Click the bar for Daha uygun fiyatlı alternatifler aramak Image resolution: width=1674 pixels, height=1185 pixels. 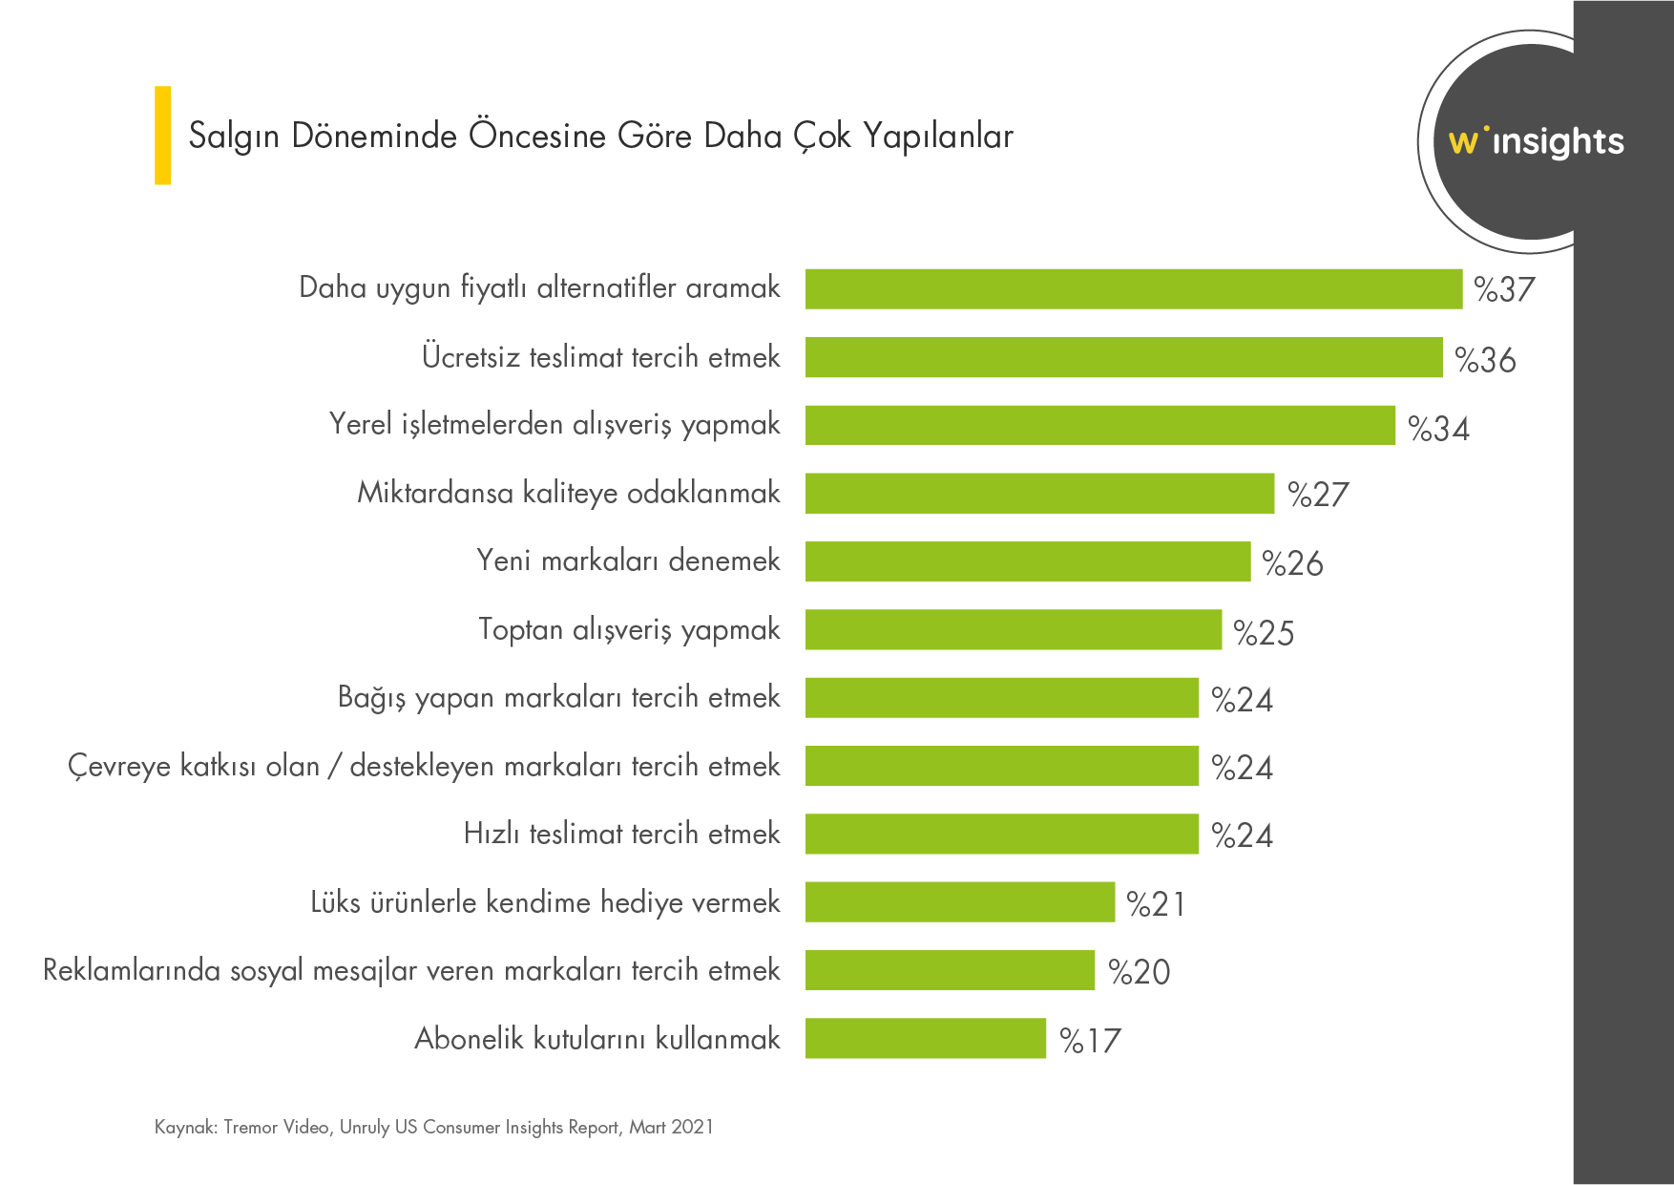1133,289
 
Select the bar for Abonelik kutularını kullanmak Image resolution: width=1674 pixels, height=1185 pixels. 925,1038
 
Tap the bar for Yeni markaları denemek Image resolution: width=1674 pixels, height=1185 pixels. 1027,561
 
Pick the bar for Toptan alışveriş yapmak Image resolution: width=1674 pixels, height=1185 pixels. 1013,629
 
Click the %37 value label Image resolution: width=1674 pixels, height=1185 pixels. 1504,289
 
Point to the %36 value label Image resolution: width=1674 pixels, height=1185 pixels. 1485,360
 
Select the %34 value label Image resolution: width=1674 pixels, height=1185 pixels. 1438,429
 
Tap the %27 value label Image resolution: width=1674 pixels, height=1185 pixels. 1318,495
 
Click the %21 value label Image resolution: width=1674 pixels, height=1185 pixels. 1156,903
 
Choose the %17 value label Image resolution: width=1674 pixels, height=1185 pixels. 1090,1040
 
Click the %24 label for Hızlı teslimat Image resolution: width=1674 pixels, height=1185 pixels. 1242,836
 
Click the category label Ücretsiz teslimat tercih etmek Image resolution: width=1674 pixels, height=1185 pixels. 600,357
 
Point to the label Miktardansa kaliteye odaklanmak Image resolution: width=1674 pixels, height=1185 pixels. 568,493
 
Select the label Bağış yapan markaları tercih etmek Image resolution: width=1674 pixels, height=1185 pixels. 558,698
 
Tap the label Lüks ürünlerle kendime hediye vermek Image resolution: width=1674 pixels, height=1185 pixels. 545,902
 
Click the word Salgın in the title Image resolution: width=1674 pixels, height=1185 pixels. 234,137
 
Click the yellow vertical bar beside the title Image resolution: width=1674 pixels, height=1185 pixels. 163,135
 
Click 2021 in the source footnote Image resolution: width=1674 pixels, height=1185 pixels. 692,1127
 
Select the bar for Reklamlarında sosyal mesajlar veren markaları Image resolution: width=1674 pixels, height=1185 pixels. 950,970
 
